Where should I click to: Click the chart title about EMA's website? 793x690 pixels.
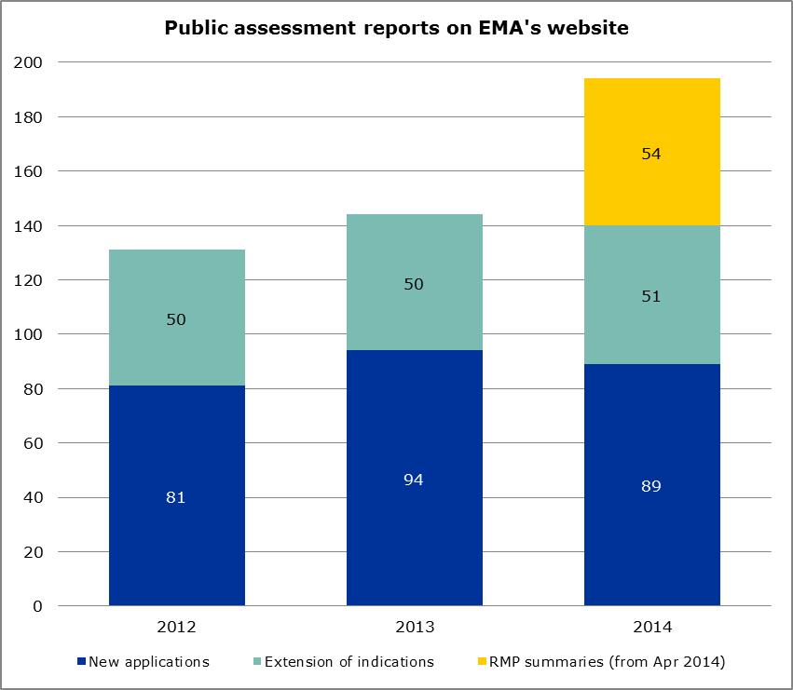(x=396, y=29)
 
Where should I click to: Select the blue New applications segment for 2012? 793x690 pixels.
(x=177, y=540)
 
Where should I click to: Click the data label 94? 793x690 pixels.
(x=415, y=479)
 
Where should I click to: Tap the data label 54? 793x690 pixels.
(x=651, y=154)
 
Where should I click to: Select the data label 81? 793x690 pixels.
(x=177, y=497)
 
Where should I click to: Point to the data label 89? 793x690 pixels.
(x=651, y=486)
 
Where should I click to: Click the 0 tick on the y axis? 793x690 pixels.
(x=37, y=606)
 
